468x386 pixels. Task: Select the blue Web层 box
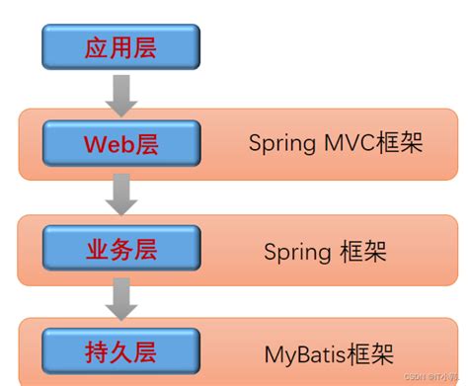[120, 144]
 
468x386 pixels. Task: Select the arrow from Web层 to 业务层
[120, 193]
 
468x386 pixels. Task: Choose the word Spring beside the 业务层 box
[295, 251]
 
